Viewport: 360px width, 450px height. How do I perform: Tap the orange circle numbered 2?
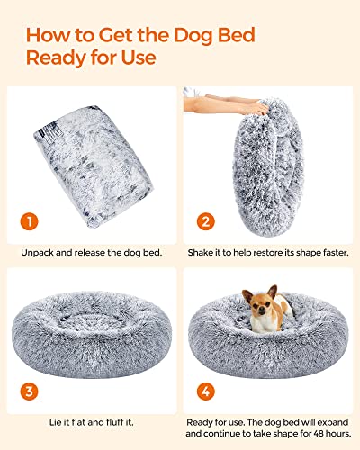coord(208,221)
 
